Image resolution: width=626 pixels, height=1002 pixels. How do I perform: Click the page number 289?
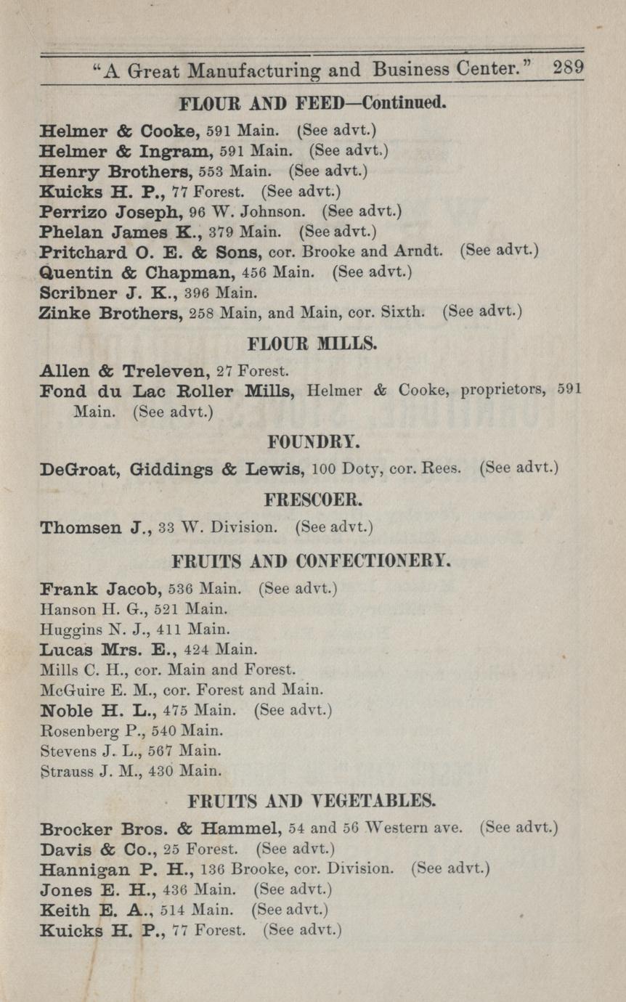[568, 69]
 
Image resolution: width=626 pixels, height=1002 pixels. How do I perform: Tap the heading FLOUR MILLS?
[313, 343]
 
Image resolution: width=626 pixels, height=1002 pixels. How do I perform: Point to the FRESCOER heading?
[312, 501]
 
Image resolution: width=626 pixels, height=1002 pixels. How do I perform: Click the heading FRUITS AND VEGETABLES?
[312, 802]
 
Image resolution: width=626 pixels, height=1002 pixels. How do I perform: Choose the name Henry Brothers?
[112, 173]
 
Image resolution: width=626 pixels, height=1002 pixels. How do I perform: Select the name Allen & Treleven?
[125, 371]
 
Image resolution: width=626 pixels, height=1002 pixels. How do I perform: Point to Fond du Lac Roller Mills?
[167, 391]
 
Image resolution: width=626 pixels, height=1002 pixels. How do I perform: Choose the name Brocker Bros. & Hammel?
[160, 828]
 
